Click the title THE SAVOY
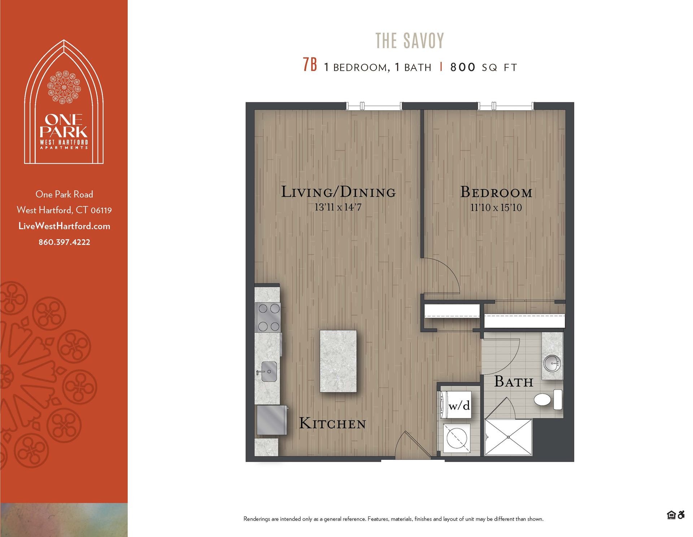410,40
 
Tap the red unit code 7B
310,65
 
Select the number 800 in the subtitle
463,67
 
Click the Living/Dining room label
338,192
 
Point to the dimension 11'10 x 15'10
496,208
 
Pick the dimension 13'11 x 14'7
338,207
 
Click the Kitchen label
332,423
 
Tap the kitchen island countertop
338,361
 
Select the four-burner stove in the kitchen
268,317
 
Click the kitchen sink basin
269,371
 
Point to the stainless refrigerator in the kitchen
272,420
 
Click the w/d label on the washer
459,406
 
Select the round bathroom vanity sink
552,363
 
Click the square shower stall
508,437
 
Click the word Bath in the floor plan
513,382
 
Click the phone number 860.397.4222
64,242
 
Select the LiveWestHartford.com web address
64,226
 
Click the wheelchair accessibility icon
681,515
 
